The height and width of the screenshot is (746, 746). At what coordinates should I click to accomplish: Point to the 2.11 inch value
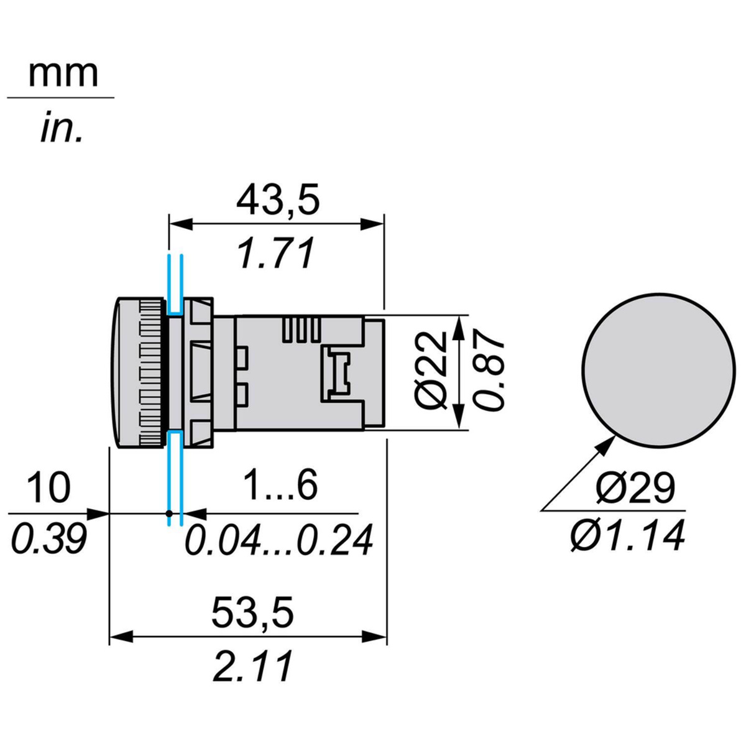click(x=251, y=666)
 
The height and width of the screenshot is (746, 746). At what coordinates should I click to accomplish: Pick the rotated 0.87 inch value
click(x=487, y=372)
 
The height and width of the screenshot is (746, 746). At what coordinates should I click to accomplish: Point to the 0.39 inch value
click(x=48, y=539)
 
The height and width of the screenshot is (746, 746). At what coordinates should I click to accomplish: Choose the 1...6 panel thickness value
click(x=280, y=486)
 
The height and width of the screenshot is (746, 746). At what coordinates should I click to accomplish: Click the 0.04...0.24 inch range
click(x=279, y=539)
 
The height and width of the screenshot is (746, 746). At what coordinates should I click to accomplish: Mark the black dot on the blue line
click(x=169, y=513)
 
